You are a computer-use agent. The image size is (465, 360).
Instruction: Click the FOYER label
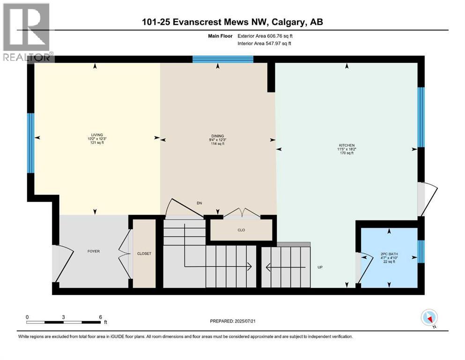click(93, 251)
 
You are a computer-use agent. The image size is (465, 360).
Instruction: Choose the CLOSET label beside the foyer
click(144, 254)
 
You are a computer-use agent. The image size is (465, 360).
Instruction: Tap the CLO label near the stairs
click(241, 230)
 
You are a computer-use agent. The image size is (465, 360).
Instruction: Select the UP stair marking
click(320, 267)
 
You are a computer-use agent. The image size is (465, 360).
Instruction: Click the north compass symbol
click(429, 318)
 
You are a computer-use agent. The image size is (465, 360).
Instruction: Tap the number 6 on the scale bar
click(100, 316)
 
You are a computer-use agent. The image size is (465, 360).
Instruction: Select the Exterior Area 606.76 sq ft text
click(267, 36)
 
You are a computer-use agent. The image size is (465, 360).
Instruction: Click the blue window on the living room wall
click(30, 142)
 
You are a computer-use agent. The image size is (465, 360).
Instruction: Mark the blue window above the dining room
click(222, 59)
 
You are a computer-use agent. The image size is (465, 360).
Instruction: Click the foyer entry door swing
click(63, 260)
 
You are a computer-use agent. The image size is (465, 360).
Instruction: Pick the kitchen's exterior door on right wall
click(427, 198)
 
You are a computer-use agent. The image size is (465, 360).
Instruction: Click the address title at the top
click(232, 22)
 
